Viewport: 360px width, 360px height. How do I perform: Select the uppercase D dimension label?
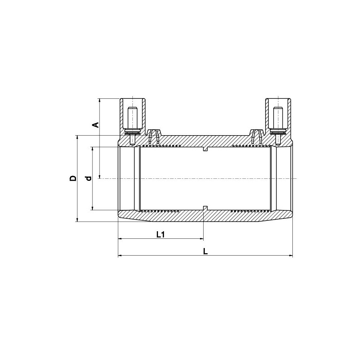pos(72,178)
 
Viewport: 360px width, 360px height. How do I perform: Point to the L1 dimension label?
pos(160,234)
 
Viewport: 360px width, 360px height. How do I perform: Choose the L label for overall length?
pos(206,251)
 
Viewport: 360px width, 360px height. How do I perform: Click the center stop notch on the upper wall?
pos(205,149)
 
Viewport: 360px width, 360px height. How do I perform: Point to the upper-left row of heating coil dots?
pos(162,146)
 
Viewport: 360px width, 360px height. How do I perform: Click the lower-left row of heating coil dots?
pos(162,210)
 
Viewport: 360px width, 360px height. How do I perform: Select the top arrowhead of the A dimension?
pos(100,100)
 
